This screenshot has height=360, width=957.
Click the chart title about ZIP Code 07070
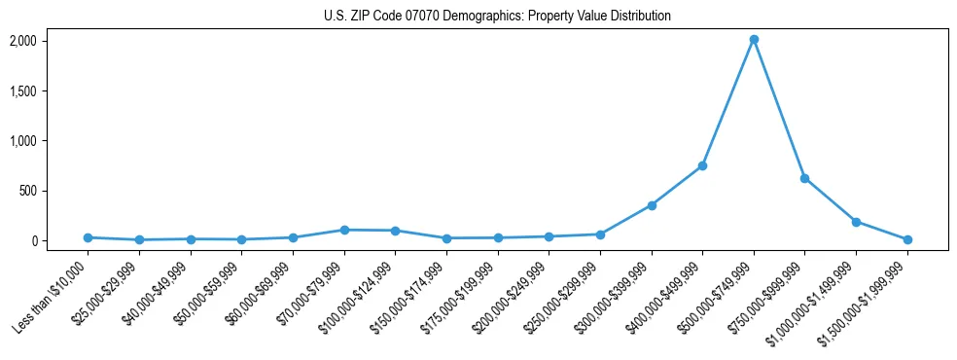point(497,17)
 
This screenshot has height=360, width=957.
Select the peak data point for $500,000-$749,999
point(754,40)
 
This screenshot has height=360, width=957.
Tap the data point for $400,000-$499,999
point(702,165)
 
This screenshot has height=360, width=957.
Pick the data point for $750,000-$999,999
point(804,178)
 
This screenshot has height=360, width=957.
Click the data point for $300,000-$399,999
point(652,205)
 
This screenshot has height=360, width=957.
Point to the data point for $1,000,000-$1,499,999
point(856,222)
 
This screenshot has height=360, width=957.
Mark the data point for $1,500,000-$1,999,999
point(907,239)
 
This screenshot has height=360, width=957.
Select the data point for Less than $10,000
point(88,237)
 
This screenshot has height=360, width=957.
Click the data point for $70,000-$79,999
point(344,230)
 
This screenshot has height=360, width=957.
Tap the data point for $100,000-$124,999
point(395,231)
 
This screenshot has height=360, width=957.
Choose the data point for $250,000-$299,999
point(600,234)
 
